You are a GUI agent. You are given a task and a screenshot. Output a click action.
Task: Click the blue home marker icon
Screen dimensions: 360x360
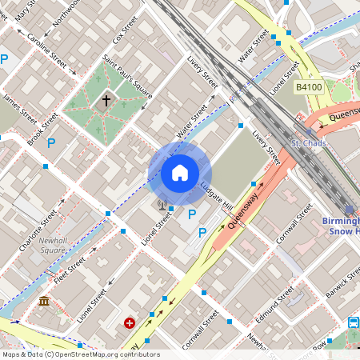tap(180, 173)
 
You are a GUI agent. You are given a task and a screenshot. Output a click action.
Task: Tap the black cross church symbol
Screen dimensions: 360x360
tap(106, 101)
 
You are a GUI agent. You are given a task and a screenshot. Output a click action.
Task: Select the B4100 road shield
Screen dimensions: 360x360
tap(308, 86)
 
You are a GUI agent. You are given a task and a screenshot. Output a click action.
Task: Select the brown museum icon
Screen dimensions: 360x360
tap(44, 301)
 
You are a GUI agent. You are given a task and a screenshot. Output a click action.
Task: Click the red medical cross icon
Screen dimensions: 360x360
tap(130, 323)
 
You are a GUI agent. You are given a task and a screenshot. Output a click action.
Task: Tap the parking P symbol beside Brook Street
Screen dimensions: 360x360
tap(51, 143)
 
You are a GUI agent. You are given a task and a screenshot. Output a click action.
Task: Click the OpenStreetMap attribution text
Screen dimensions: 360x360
tap(80, 354)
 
